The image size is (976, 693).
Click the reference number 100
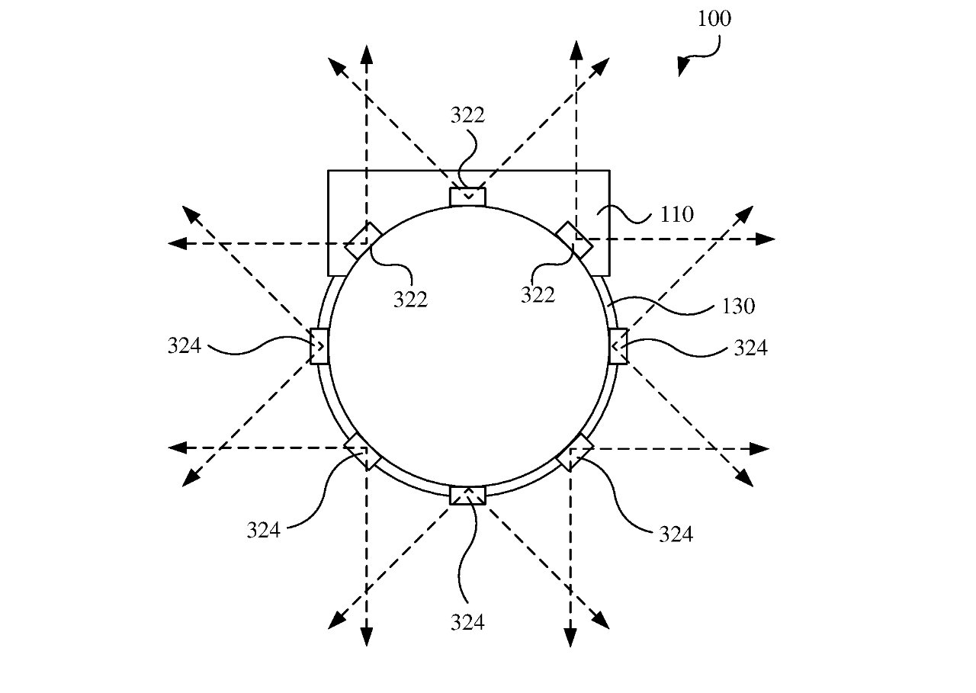714,19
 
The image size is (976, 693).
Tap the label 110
676,214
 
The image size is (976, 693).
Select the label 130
739,306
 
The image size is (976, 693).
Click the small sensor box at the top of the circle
467,197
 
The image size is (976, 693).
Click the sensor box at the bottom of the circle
467,496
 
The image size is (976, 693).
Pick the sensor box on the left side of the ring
319,346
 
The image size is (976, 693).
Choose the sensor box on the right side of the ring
618,346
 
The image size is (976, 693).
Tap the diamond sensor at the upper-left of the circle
363,241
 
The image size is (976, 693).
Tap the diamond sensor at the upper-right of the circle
574,240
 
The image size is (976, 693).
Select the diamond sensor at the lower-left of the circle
363,451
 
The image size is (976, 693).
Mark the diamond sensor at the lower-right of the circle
575,452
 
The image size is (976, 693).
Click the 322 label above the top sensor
467,115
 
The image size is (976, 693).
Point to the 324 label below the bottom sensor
467,622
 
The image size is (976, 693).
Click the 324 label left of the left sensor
185,346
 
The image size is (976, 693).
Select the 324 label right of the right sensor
751,348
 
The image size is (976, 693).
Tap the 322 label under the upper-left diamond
410,300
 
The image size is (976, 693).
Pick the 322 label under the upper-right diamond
538,295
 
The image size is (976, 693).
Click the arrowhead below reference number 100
682,66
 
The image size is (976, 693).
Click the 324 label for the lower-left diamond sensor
264,531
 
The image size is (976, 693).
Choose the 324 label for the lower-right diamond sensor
676,534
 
